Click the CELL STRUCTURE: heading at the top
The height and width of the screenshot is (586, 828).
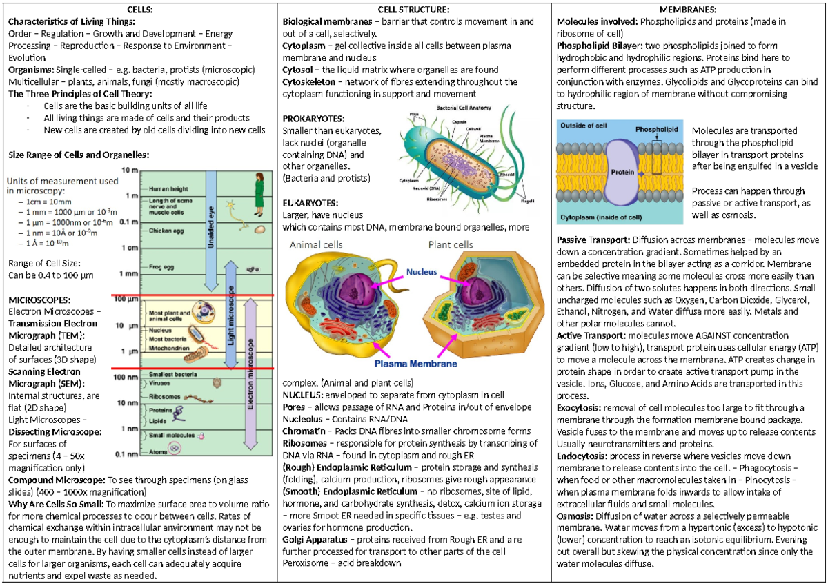point(414,10)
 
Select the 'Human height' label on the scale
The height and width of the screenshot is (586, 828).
point(169,188)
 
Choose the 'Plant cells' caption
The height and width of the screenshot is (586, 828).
point(451,245)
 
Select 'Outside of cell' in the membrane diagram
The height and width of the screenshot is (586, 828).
point(584,126)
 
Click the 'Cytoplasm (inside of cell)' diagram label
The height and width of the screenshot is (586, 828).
point(601,217)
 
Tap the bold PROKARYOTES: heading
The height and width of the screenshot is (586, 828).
point(313,119)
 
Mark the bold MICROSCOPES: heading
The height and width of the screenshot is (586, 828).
point(39,300)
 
